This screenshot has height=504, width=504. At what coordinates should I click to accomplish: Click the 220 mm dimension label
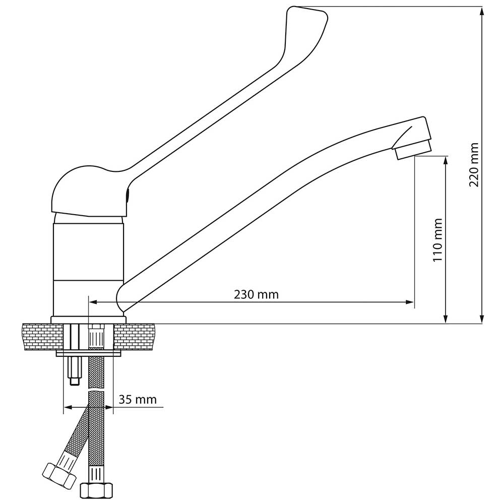pyautogui.click(x=474, y=165)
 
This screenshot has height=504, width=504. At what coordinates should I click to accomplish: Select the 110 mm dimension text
pyautogui.click(x=438, y=240)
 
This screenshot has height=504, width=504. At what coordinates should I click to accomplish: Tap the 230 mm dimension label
pyautogui.click(x=256, y=294)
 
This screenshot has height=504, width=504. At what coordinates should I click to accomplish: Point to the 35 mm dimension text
pyautogui.click(x=138, y=399)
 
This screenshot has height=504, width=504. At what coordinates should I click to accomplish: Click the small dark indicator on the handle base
pyautogui.click(x=128, y=195)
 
